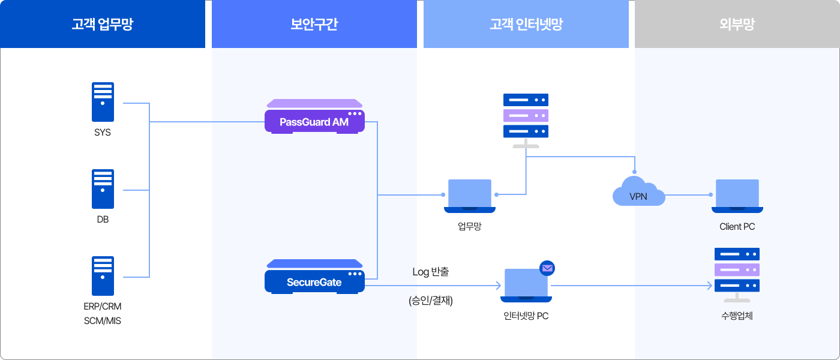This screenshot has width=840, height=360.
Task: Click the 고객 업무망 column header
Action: click(103, 24)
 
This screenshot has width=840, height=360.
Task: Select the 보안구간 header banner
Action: click(314, 24)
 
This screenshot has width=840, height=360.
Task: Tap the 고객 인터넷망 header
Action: click(526, 24)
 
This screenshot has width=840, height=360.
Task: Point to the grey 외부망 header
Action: click(737, 24)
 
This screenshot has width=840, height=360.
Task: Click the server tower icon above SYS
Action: click(103, 103)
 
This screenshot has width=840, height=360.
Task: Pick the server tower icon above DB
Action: click(103, 189)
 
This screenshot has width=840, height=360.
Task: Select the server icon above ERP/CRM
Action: click(103, 276)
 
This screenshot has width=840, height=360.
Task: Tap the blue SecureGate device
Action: click(314, 278)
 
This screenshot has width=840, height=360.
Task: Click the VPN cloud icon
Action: click(638, 193)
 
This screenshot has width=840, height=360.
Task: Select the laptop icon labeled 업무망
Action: click(470, 196)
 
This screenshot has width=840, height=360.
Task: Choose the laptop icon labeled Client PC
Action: click(737, 196)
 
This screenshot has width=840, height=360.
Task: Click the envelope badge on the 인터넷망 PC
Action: click(547, 268)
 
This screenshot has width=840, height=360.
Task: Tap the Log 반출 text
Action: click(430, 272)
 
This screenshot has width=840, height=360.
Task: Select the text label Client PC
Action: click(737, 227)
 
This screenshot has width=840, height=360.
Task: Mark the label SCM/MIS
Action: click(103, 321)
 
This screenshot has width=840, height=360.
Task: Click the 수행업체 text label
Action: click(737, 315)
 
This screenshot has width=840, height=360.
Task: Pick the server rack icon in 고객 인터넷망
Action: click(526, 117)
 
